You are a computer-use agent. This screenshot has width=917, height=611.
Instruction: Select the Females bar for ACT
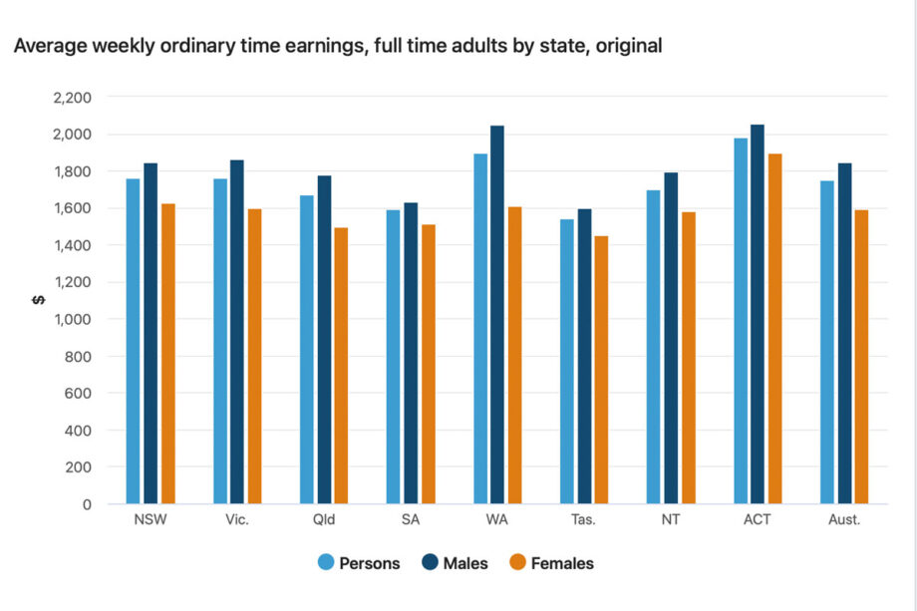point(775,329)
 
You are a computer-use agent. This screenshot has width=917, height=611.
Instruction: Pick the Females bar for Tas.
point(601,370)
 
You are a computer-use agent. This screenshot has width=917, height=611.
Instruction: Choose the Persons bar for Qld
point(307,350)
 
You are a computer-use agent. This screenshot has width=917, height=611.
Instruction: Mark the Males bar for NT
point(671,338)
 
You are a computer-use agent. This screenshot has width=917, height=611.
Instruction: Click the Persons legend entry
point(359,563)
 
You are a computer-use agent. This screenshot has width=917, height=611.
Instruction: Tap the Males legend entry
point(456,563)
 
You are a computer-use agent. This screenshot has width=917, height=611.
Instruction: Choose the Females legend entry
point(551,563)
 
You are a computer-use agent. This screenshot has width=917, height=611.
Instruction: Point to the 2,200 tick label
point(71,98)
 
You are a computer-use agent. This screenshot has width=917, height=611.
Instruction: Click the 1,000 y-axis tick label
point(71,319)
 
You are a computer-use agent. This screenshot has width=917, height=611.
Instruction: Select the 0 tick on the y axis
point(87,504)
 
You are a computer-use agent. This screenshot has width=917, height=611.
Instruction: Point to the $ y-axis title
point(37,300)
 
